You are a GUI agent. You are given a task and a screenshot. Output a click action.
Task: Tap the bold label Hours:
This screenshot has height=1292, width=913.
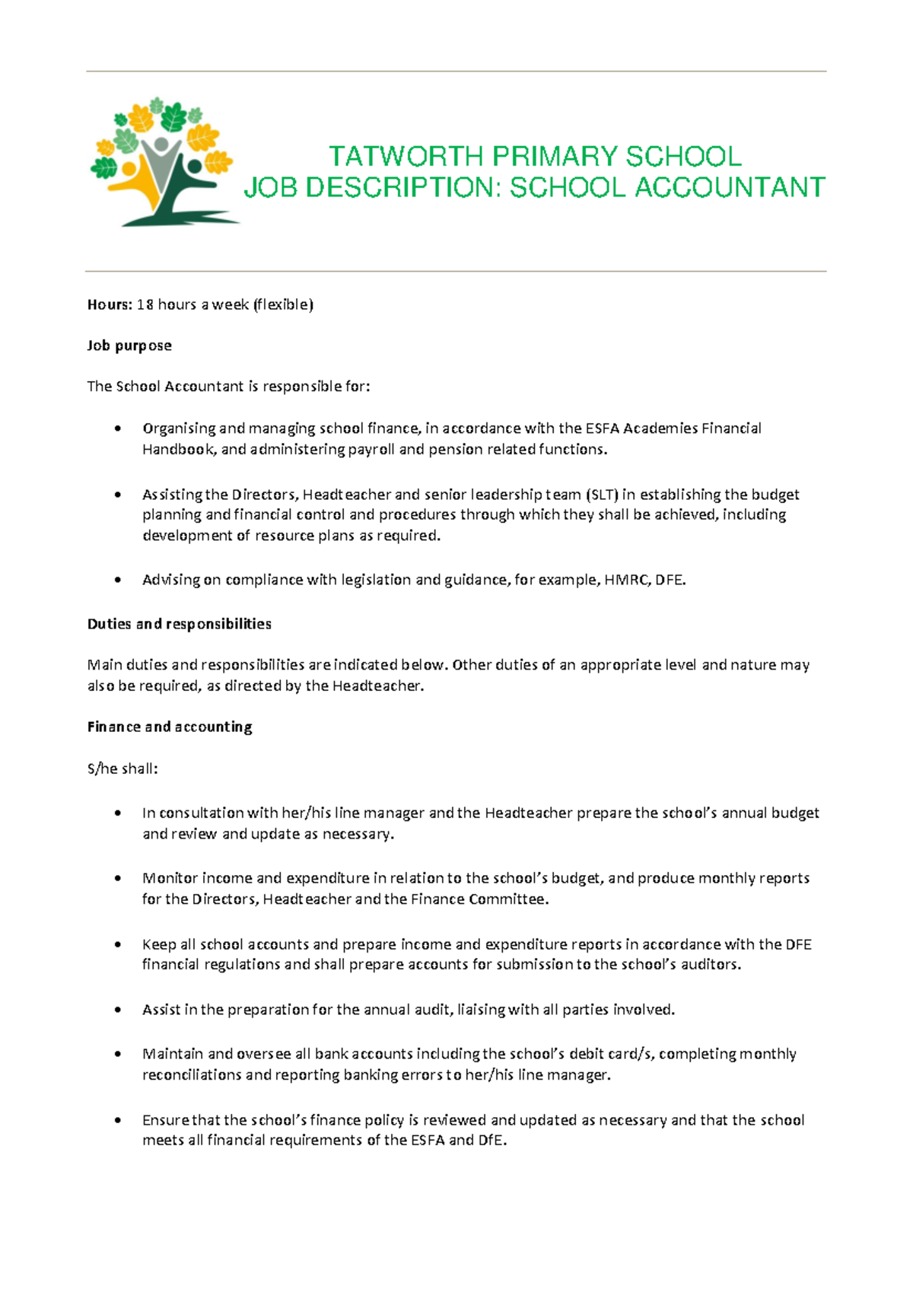[x=110, y=305]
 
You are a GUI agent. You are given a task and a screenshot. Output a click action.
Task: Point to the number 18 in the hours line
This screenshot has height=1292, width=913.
[x=145, y=305]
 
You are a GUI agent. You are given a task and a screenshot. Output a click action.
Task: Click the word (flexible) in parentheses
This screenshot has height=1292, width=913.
[x=283, y=305]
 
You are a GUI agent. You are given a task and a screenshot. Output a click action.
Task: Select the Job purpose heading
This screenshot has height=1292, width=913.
[x=129, y=345]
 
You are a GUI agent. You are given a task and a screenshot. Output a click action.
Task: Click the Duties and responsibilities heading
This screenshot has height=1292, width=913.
[x=179, y=624]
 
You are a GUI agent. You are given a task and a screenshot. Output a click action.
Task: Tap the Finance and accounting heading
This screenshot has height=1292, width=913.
[x=170, y=727]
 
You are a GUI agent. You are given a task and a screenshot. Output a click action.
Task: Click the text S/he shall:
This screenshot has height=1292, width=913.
[x=122, y=769]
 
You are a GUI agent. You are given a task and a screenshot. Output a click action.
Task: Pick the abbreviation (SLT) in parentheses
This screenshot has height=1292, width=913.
[x=602, y=495]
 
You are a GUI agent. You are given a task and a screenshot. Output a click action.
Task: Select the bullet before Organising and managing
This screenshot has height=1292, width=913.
[x=117, y=428]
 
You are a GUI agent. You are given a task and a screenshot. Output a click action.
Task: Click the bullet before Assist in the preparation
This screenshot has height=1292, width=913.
[x=117, y=1010]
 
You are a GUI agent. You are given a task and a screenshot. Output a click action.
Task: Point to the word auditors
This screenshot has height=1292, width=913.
[x=711, y=965]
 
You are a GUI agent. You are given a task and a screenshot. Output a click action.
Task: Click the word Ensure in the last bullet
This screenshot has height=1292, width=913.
[x=165, y=1120]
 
